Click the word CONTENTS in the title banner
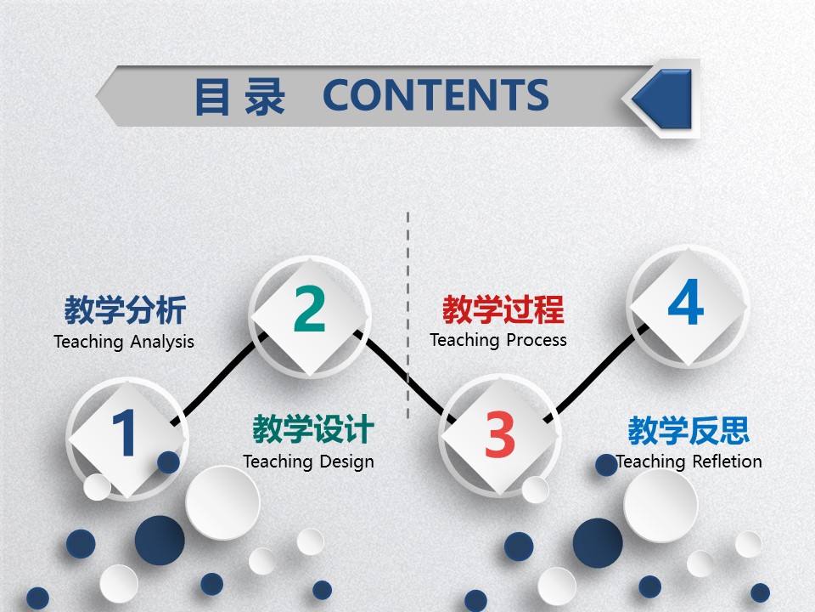(x=436, y=95)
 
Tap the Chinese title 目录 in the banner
(x=239, y=97)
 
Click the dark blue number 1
(x=125, y=433)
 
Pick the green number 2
(x=309, y=309)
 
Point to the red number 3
(x=500, y=434)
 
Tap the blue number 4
(x=686, y=303)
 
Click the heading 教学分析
(x=125, y=311)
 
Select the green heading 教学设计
(x=312, y=430)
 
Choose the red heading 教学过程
(x=503, y=310)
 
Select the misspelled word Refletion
(x=727, y=462)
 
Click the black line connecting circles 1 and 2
(x=216, y=379)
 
